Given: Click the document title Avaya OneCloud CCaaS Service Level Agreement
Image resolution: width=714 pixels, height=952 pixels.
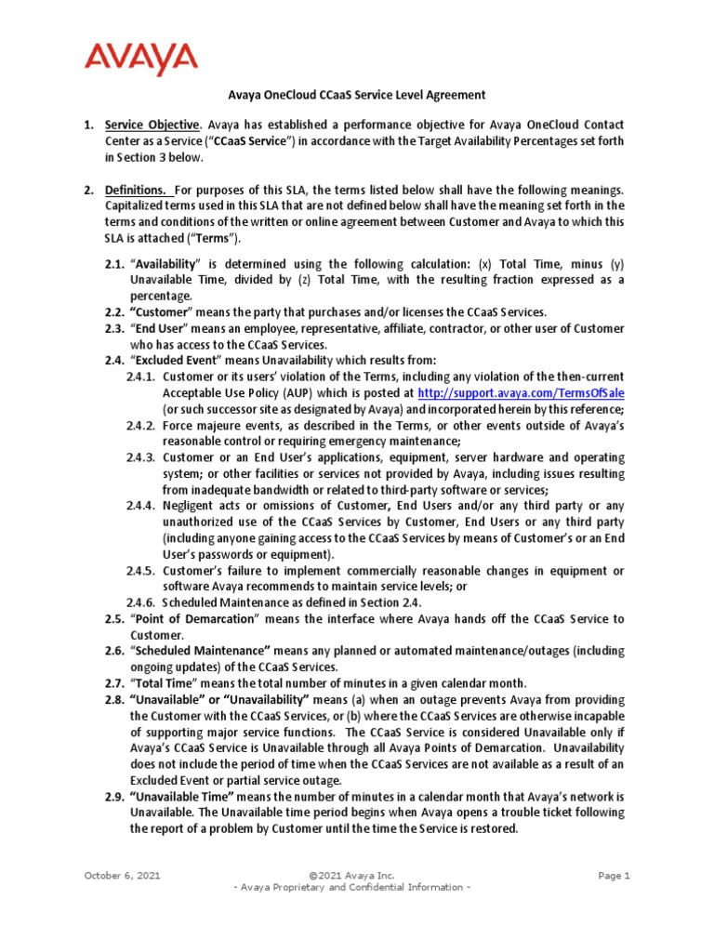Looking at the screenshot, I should coord(357,95).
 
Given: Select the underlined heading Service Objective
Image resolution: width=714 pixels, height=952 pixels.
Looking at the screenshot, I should coord(152,125).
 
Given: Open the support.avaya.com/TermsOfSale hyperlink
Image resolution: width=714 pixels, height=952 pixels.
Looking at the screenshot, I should coord(521,393).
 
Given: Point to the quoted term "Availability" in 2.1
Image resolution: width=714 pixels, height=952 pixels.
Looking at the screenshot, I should coord(167,264).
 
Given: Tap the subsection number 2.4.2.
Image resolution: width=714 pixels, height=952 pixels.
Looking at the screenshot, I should coord(141,425).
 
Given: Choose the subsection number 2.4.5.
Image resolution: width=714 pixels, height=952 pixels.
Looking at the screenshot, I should coord(141,570).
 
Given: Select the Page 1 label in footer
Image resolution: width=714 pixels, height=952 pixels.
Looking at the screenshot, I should coord(615,875).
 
